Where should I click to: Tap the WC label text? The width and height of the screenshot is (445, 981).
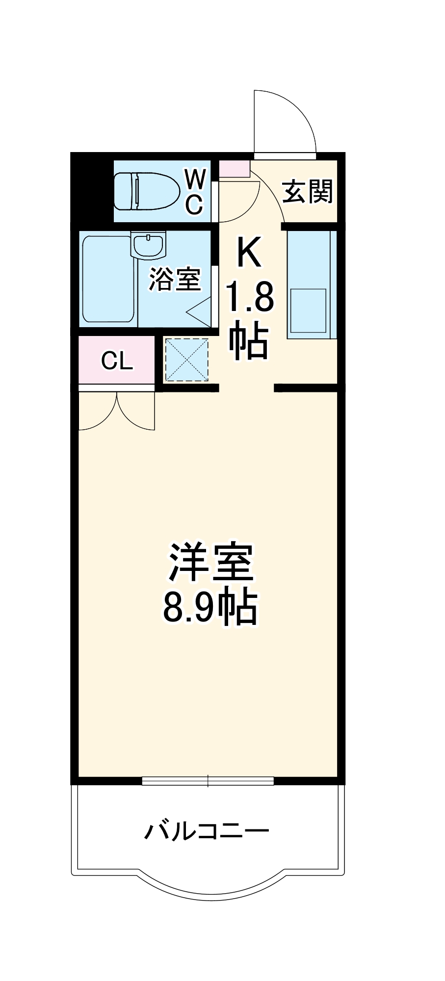click(194, 191)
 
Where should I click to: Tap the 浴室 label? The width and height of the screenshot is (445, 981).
click(175, 279)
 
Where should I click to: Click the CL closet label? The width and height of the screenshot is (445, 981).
click(117, 361)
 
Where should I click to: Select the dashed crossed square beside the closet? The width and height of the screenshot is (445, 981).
click(186, 359)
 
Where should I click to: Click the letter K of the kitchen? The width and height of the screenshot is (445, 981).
click(249, 252)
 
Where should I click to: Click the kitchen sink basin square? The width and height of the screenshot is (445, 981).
click(309, 310)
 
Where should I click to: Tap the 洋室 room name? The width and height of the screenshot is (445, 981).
click(211, 563)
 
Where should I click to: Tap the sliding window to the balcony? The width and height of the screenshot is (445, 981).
click(208, 780)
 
